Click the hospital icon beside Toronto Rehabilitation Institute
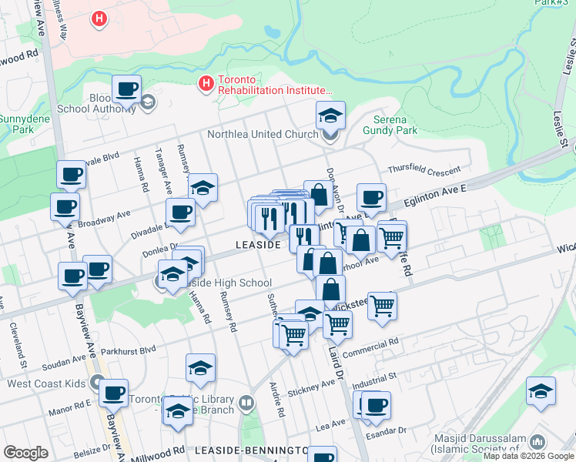point(206,82)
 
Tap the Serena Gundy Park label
point(395,125)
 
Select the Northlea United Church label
point(263,135)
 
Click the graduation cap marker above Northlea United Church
point(330,115)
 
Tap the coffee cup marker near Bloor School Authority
point(126,89)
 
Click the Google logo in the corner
point(25,453)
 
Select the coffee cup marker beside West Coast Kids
point(113,393)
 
